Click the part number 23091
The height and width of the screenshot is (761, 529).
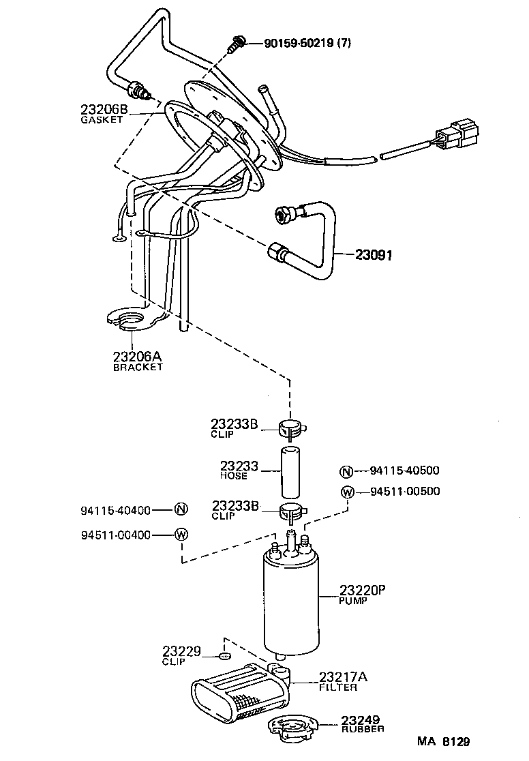click(x=374, y=255)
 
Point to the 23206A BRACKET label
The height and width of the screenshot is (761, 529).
click(x=138, y=359)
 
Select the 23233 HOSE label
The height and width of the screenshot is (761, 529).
click(x=239, y=471)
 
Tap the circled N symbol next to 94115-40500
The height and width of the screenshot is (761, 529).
click(x=346, y=471)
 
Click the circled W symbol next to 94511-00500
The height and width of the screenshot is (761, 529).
click(x=346, y=492)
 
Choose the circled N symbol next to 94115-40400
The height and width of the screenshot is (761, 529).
click(x=181, y=509)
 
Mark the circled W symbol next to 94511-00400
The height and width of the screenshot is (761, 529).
click(x=181, y=535)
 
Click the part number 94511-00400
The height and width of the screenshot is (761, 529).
click(x=115, y=535)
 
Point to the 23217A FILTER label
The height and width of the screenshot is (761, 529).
click(x=343, y=681)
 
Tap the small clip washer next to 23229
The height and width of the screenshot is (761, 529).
click(x=224, y=656)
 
